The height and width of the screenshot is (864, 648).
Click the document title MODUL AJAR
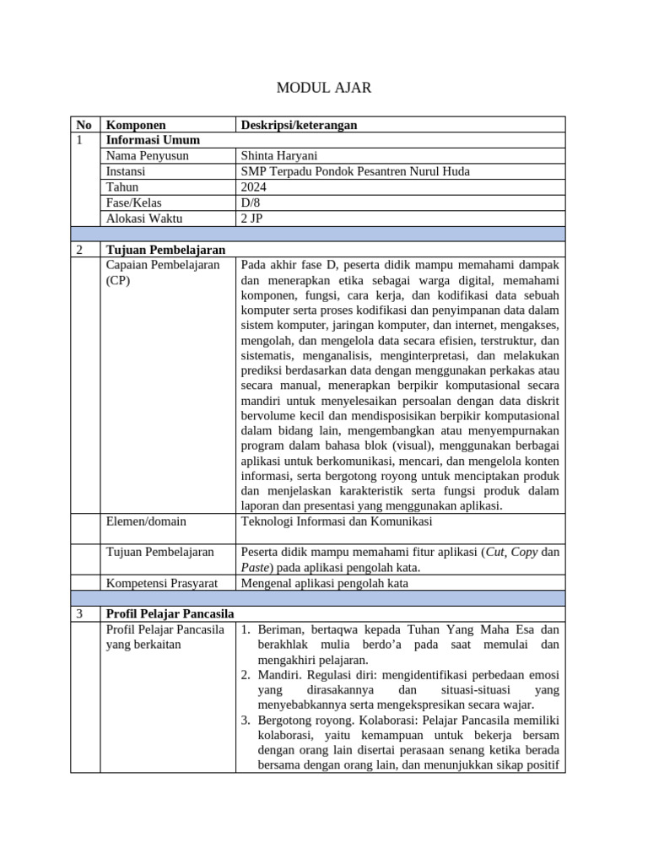click(x=324, y=87)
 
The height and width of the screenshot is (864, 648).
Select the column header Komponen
click(x=136, y=125)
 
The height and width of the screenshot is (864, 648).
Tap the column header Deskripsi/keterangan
click(x=299, y=125)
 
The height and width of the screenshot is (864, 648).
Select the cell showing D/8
click(x=251, y=202)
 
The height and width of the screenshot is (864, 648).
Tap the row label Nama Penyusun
click(x=148, y=156)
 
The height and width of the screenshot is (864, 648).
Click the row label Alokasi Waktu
click(x=144, y=219)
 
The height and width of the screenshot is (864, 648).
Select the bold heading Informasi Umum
click(x=152, y=140)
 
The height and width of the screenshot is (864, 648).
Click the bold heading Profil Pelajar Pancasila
click(x=170, y=613)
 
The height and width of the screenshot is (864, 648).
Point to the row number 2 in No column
click(x=79, y=250)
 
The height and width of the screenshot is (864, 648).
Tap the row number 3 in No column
click(x=79, y=613)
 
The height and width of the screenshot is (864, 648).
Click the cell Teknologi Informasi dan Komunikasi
click(x=337, y=521)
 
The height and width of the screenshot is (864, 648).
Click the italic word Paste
click(x=256, y=567)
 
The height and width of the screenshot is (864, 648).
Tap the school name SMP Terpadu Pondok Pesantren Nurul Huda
click(x=355, y=171)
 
